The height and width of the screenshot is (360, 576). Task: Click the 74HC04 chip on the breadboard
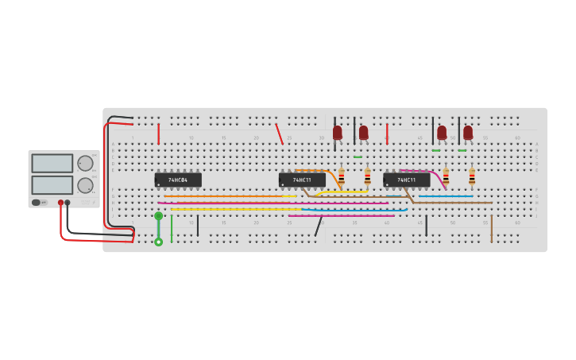178,180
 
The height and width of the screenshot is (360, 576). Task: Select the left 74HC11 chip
302,180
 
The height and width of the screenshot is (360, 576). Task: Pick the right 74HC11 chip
406,180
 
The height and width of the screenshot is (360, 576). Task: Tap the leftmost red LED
338,132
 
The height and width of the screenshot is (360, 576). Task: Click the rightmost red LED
468,132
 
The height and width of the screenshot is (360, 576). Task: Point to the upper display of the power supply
52,163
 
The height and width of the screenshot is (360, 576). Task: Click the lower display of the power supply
52,184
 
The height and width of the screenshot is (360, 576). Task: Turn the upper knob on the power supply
85,163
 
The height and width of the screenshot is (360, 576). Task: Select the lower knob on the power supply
85,185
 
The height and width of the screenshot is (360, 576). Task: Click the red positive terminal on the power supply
60,203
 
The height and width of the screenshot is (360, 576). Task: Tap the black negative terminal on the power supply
68,203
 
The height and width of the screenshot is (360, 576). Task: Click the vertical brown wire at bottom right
491,228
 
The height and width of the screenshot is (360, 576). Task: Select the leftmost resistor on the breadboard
342,176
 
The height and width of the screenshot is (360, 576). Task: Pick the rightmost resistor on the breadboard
472,176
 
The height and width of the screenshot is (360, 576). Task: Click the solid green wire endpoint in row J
158,215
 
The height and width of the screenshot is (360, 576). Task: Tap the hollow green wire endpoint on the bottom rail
158,242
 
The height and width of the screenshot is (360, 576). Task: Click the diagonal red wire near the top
279,134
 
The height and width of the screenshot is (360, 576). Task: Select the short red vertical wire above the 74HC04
158,134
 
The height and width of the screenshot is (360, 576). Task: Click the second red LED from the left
364,132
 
